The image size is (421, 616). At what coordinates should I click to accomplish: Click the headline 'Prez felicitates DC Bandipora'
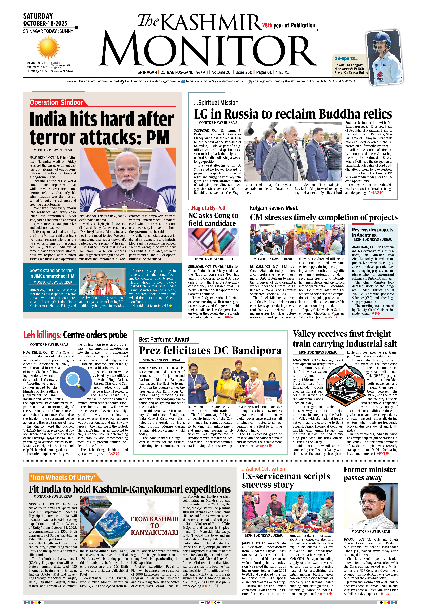(210, 350)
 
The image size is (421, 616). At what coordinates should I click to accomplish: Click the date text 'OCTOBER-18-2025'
(45, 23)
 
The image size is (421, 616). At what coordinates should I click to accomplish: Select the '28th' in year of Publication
(267, 25)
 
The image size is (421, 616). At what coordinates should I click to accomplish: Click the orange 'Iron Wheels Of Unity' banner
(63, 477)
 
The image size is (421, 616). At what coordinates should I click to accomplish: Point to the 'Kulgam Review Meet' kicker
(274, 208)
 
